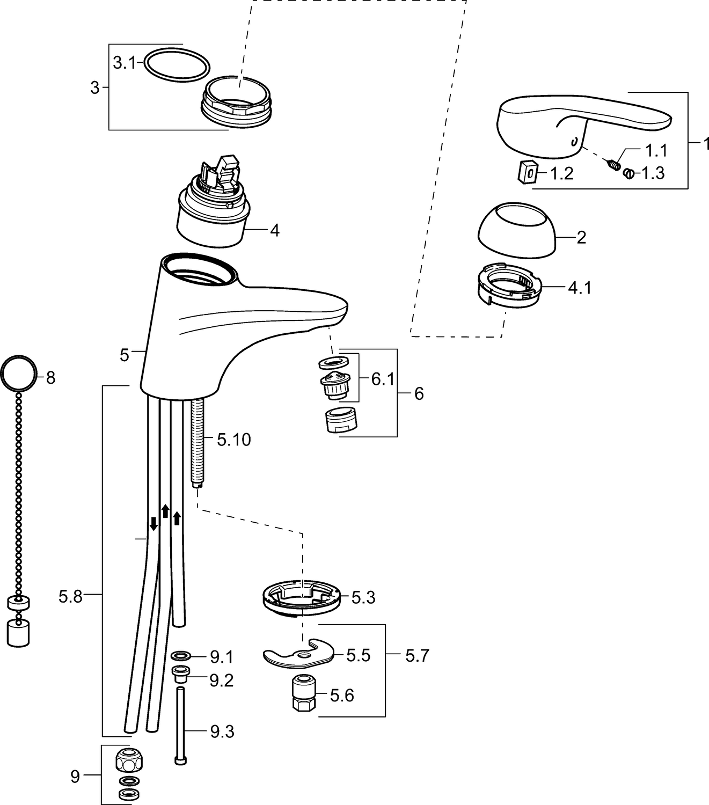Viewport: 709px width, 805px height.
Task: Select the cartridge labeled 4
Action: click(x=213, y=215)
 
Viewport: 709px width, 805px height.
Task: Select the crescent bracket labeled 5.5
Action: click(x=298, y=655)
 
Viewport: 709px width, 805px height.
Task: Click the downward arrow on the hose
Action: click(x=153, y=523)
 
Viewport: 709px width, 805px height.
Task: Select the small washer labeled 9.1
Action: click(x=181, y=655)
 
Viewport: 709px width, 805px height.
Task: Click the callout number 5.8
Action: click(x=71, y=596)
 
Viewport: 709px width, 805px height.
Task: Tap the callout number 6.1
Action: click(x=383, y=379)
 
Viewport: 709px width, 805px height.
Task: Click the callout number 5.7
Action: click(x=417, y=655)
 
